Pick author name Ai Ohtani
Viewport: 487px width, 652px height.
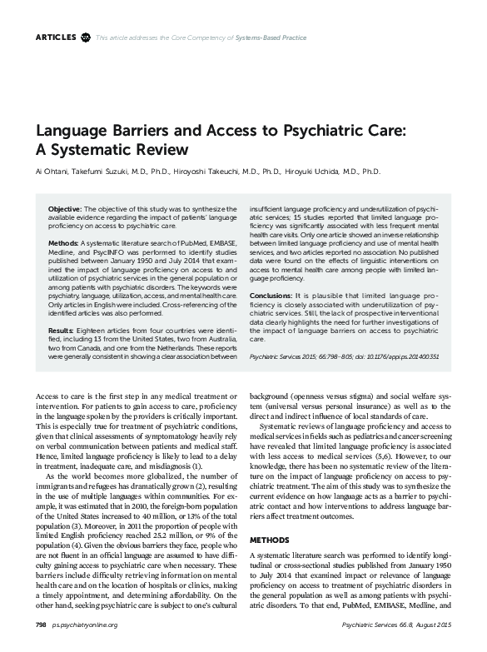pyautogui.click(x=52, y=172)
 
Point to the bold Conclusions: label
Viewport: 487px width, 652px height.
pyautogui.click(x=270, y=296)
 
